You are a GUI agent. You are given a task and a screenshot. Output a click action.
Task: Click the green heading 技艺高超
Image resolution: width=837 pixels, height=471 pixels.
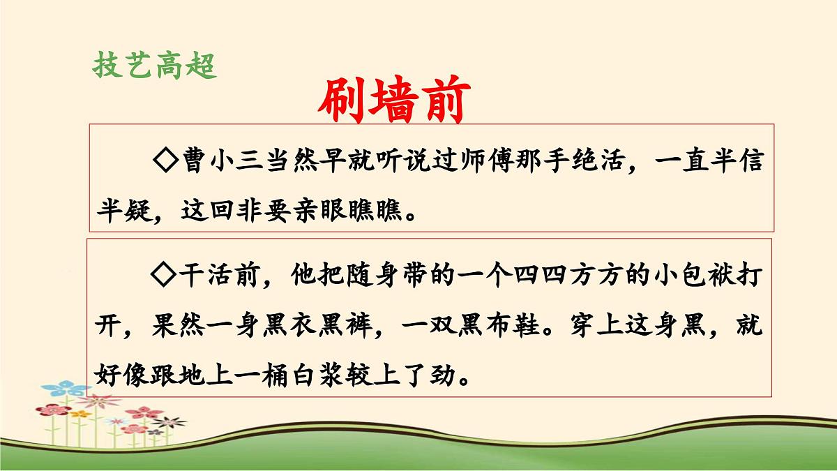click(155, 66)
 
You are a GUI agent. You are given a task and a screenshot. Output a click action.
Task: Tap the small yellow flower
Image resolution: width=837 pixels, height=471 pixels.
click(82, 414)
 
